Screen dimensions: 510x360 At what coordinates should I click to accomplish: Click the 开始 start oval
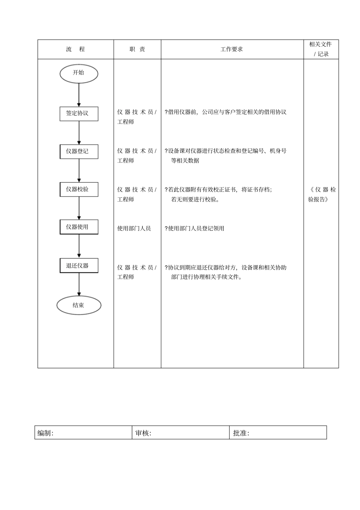pyautogui.click(x=79, y=74)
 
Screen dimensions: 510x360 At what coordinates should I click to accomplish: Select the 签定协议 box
pyautogui.click(x=79, y=114)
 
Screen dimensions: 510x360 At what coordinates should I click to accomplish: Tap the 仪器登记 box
pyautogui.click(x=79, y=152)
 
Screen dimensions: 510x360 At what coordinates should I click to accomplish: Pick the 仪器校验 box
pyautogui.click(x=79, y=189)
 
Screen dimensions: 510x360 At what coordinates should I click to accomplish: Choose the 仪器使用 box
pyautogui.click(x=79, y=227)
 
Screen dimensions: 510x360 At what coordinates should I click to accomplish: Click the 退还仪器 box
pyautogui.click(x=79, y=266)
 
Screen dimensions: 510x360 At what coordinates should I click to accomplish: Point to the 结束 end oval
pyautogui.click(x=79, y=305)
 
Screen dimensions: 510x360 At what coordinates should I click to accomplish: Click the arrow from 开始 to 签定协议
pyautogui.click(x=79, y=95)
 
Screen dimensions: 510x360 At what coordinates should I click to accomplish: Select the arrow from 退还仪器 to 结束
pyautogui.click(x=79, y=284)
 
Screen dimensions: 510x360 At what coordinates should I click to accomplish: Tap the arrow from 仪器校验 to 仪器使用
pyautogui.click(x=79, y=208)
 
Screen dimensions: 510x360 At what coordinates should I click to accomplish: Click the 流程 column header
pyautogui.click(x=75, y=49)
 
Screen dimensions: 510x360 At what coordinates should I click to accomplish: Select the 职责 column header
pyautogui.click(x=137, y=49)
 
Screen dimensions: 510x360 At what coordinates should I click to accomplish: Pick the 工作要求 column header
pyautogui.click(x=232, y=49)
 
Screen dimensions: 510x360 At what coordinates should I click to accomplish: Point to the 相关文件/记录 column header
pyautogui.click(x=321, y=49)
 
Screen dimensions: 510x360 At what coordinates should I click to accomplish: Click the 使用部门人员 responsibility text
pyautogui.click(x=134, y=228)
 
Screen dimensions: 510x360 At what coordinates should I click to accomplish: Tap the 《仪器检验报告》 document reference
pyautogui.click(x=322, y=194)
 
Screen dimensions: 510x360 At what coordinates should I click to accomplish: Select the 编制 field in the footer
pyautogui.click(x=83, y=433)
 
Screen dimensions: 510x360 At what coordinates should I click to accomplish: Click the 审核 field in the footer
pyautogui.click(x=180, y=433)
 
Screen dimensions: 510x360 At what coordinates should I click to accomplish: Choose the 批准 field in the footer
pyautogui.click(x=278, y=433)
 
